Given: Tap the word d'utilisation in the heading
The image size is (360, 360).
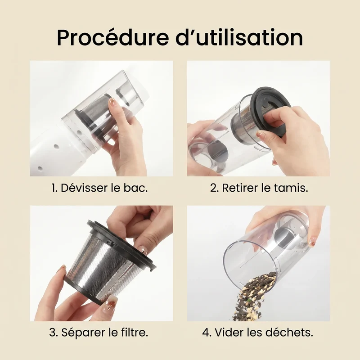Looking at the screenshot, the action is [239, 37].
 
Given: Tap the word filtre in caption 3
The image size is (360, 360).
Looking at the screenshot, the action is [134, 332].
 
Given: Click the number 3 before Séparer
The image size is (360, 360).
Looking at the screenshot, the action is [53, 332].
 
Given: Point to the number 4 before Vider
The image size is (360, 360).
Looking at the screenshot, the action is [207, 332].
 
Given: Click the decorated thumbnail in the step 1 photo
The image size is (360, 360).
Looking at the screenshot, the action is [112, 102].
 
